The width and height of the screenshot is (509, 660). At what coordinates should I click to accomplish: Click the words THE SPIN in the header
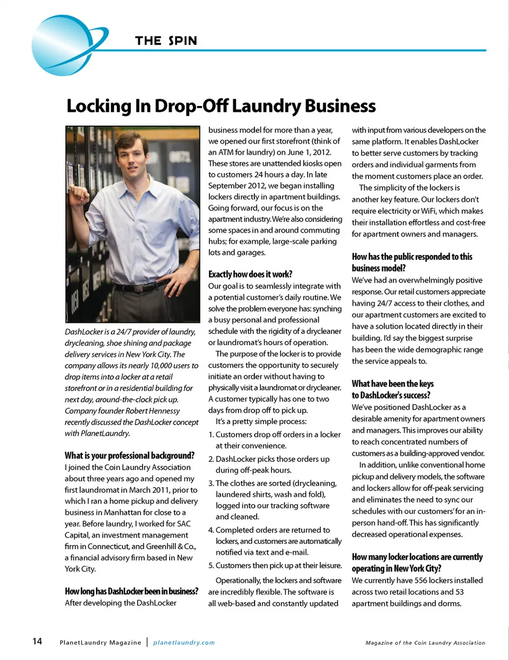click(166, 41)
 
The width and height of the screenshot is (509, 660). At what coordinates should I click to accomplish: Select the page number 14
click(37, 641)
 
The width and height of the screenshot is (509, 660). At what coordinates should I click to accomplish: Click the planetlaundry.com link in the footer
click(184, 643)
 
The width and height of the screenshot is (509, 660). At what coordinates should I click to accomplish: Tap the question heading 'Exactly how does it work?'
click(250, 274)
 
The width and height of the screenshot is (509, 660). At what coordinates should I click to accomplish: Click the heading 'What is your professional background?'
click(129, 455)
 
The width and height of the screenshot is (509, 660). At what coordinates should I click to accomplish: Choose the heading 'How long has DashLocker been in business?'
click(131, 591)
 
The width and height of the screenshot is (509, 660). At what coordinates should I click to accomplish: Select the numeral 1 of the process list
click(210, 435)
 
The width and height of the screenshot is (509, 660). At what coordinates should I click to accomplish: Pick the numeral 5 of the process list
click(210, 566)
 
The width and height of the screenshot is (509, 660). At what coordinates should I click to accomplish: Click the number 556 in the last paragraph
click(421, 580)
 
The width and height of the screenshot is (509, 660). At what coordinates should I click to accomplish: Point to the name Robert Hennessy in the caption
click(153, 411)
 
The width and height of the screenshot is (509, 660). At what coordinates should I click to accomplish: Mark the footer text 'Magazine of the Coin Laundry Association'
click(425, 643)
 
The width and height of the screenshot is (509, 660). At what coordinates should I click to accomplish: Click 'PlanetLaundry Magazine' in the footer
click(100, 643)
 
